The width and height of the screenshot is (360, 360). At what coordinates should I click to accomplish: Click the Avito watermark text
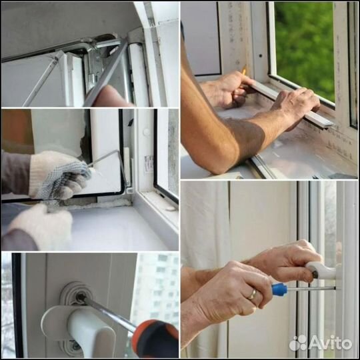coord(331,343)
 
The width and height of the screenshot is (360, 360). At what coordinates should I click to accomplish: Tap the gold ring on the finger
coord(253,294)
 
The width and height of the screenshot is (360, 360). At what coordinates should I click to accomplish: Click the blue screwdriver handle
coord(279,289)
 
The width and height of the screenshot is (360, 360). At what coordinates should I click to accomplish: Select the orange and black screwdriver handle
coord(155,339)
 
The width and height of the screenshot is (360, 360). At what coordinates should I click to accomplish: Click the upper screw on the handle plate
coord(81,297)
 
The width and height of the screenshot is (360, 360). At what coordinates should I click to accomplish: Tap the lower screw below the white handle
coord(74,345)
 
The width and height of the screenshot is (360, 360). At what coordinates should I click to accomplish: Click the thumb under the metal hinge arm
coord(110,97)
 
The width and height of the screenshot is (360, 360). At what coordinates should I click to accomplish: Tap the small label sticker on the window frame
coord(148,164)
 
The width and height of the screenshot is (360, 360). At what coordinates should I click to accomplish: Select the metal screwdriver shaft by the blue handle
coord(311,289)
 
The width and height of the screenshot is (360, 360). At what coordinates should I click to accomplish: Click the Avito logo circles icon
coord(298,343)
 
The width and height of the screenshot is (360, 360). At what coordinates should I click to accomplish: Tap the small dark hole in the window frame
coord(261,55)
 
